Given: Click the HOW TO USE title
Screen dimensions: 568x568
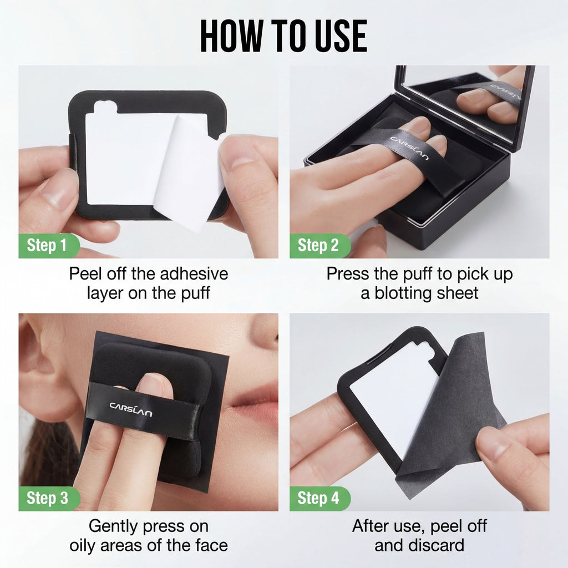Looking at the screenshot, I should (283, 35).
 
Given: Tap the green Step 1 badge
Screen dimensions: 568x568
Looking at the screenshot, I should (49, 246).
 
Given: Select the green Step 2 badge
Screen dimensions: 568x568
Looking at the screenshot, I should (318, 246).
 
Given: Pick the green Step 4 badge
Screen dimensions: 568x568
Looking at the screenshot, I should (318, 498).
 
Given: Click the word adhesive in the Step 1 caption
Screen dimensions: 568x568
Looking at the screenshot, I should (194, 273).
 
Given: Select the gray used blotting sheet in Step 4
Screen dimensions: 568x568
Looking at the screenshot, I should (455, 399).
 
